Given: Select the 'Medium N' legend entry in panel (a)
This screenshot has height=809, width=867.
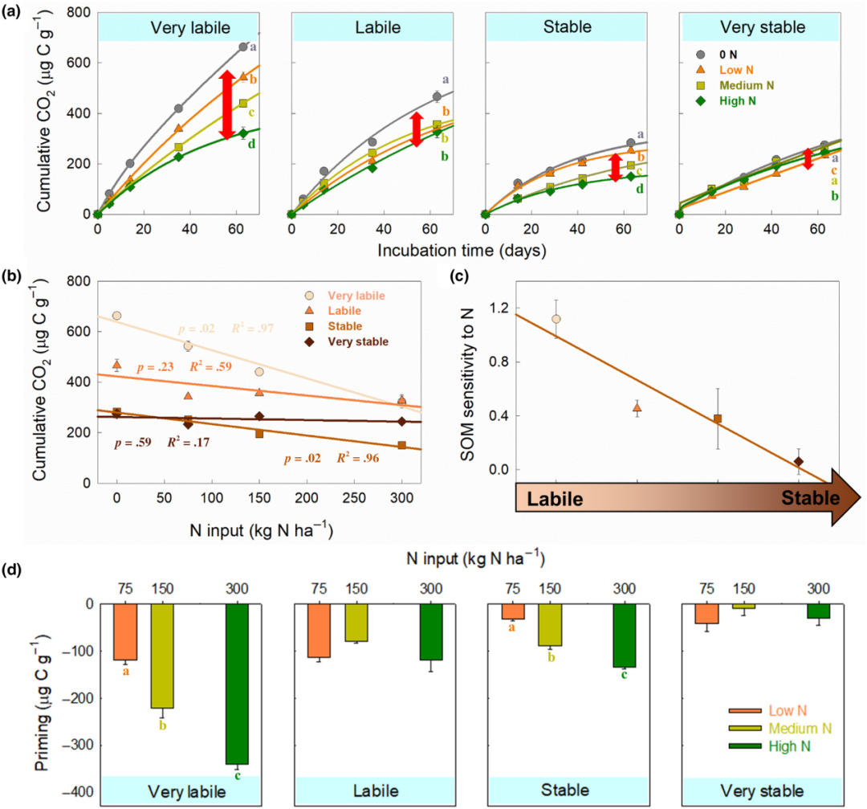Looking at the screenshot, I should [743, 85].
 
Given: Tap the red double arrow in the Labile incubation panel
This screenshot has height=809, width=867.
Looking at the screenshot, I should [416, 129].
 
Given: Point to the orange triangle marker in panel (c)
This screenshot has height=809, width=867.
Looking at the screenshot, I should [637, 407].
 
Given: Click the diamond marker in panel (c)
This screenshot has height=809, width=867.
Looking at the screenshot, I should [799, 461].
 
